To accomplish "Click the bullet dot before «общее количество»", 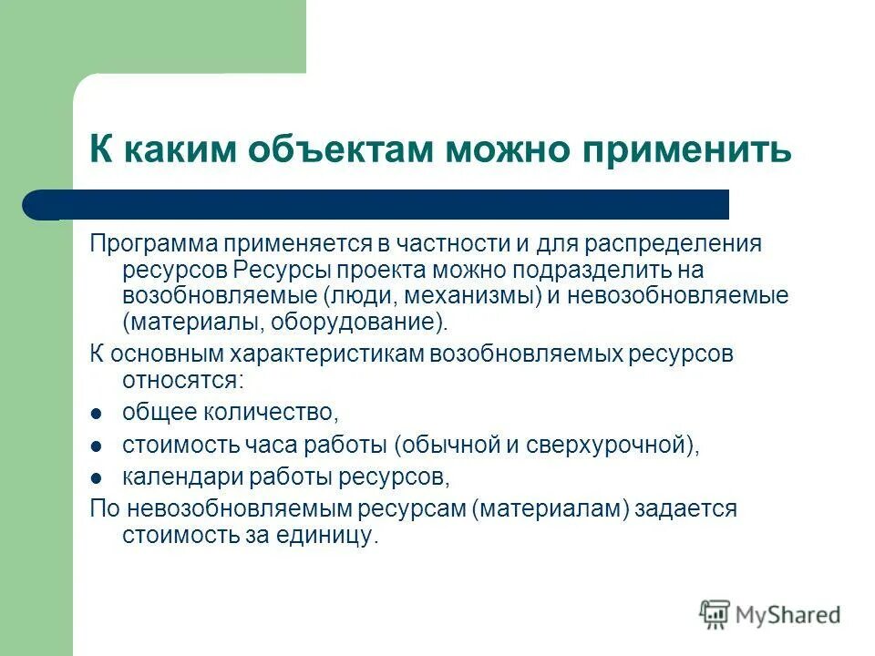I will pyautogui.click(x=96, y=414).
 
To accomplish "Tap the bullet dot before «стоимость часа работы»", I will pyautogui.click(x=96, y=446).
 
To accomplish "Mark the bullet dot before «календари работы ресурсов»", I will pyautogui.click(x=96, y=477).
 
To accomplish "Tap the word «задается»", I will pyautogui.click(x=696, y=508).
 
